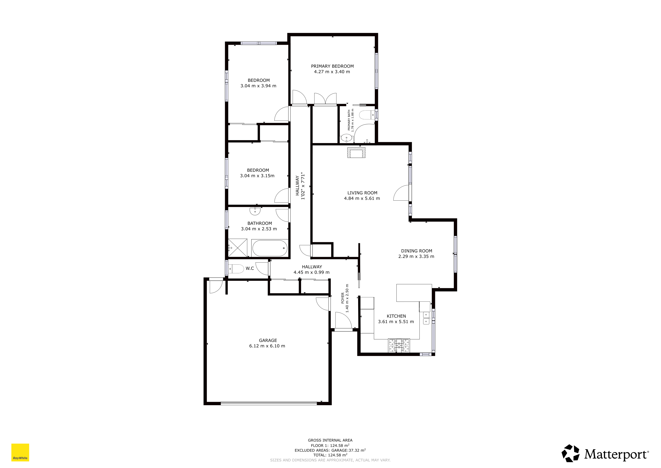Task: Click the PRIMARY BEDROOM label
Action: (x=332, y=66)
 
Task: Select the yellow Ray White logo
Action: (x=20, y=452)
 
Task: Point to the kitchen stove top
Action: (x=399, y=345)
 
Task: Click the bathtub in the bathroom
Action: (x=270, y=248)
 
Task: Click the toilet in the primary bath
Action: (x=367, y=115)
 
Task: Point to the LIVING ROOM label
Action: (x=362, y=193)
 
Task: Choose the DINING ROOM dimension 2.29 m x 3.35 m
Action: (x=416, y=256)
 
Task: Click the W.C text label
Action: (x=250, y=268)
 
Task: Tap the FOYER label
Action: (x=343, y=298)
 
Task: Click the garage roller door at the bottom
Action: (x=269, y=403)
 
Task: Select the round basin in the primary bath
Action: (x=346, y=138)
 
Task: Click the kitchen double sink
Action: (x=426, y=318)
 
